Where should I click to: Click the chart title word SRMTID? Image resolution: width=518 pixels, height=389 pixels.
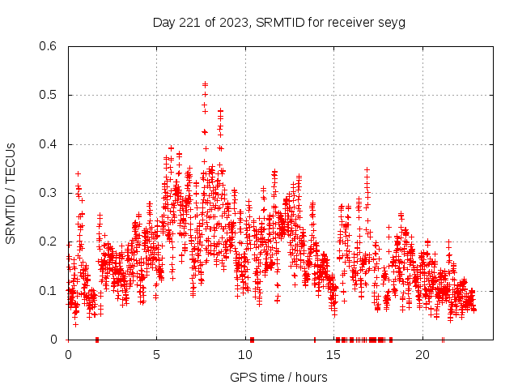pyautogui.click(x=278, y=22)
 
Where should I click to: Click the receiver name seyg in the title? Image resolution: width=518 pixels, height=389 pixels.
pyautogui.click(x=392, y=22)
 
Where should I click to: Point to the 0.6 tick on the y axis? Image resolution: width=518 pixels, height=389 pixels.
pyautogui.click(x=51, y=46)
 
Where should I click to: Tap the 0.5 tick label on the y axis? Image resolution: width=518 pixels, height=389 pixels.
pyautogui.click(x=51, y=95)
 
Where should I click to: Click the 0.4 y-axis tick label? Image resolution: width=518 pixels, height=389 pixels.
pyautogui.click(x=51, y=144)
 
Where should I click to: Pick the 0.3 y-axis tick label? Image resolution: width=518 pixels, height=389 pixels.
pyautogui.click(x=51, y=193)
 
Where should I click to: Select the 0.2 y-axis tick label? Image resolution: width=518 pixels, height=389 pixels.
pyautogui.click(x=51, y=242)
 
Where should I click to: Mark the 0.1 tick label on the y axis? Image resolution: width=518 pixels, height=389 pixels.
pyautogui.click(x=51, y=290)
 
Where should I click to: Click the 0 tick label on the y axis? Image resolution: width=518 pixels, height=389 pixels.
pyautogui.click(x=57, y=339)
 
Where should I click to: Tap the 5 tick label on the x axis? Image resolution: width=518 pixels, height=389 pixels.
pyautogui.click(x=157, y=355)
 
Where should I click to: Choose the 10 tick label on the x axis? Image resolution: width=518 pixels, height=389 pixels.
pyautogui.click(x=245, y=355)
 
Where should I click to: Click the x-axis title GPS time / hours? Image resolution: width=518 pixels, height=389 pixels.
pyautogui.click(x=278, y=377)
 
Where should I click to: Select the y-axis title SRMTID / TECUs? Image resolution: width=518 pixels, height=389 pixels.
pyautogui.click(x=11, y=193)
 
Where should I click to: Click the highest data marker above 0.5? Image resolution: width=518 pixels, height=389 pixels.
pyautogui.click(x=205, y=84)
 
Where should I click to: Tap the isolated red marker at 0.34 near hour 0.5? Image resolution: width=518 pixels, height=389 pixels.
pyautogui.click(x=78, y=173)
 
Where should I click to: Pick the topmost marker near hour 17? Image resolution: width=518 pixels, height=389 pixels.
pyautogui.click(x=367, y=169)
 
